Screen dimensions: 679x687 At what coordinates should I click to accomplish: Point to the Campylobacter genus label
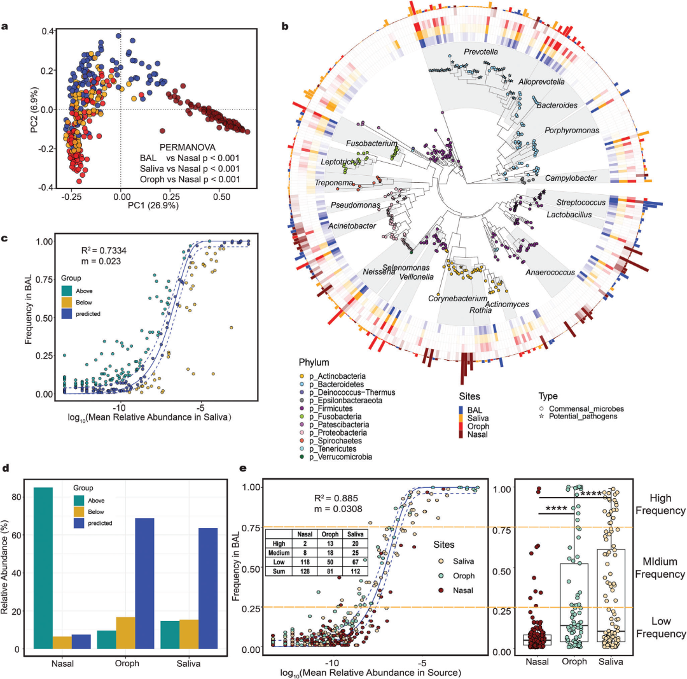pyautogui.click(x=571, y=179)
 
